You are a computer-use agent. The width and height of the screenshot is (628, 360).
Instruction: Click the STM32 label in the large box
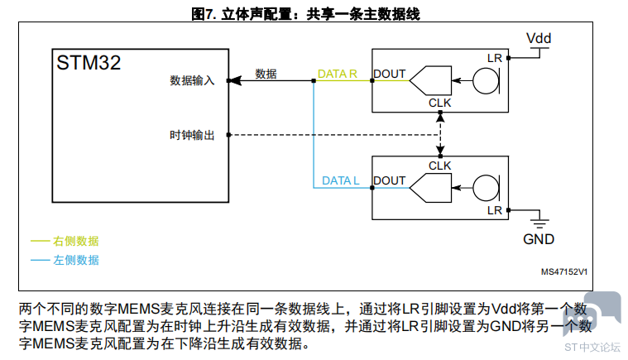89,62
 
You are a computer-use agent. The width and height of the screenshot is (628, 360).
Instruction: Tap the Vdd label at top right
539,38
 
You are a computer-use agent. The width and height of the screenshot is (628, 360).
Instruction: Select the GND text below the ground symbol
539,239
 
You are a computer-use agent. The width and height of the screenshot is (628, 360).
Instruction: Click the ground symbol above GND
539,223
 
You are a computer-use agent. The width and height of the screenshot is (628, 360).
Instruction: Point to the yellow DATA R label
338,74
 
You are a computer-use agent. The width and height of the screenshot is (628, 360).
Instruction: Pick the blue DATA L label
340,180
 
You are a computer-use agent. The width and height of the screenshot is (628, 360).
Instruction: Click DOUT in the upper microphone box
390,74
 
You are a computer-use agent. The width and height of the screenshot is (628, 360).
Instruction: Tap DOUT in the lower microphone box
390,180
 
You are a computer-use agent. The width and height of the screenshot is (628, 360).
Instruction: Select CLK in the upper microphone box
439,103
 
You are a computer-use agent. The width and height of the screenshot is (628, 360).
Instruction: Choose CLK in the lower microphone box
439,166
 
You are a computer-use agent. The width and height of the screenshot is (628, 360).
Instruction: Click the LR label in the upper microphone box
495,58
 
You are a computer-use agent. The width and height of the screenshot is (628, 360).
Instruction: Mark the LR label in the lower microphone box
495,210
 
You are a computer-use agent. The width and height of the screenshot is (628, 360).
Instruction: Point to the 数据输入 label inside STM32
192,80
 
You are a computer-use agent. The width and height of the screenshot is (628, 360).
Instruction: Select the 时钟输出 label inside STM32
192,135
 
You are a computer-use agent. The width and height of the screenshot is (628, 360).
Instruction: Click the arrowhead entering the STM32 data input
236,80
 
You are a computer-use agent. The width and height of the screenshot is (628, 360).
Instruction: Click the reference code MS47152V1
564,272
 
